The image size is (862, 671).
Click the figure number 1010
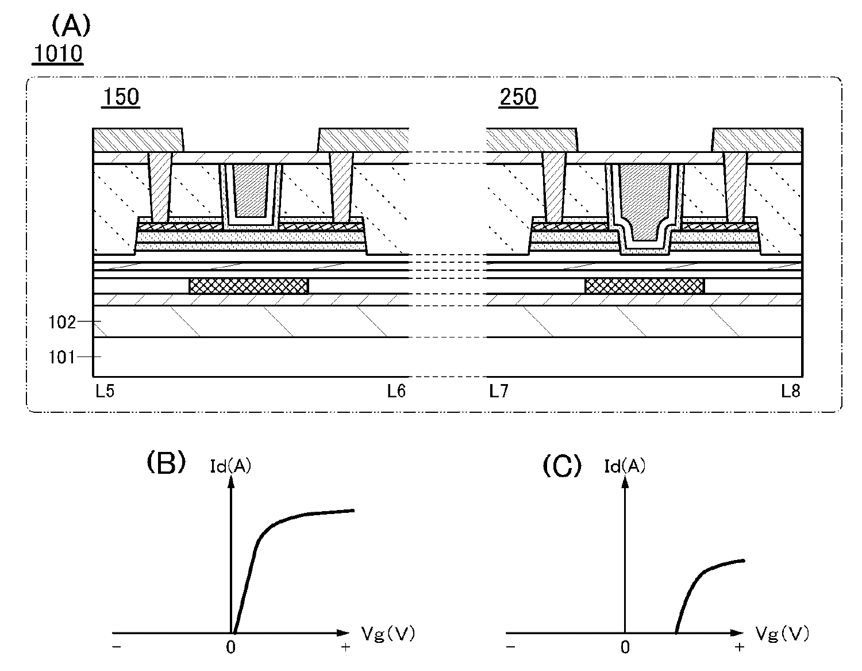[58, 53]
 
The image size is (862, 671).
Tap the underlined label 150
[121, 97]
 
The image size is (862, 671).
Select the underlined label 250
[518, 97]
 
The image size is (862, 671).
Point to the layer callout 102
[62, 322]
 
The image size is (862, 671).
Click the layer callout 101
[62, 358]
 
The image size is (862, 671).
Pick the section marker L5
[105, 391]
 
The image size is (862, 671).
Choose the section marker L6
[397, 391]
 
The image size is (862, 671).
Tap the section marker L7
[499, 391]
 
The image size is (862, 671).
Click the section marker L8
[791, 391]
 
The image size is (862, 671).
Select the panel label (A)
[71, 25]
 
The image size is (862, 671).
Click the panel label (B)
[166, 463]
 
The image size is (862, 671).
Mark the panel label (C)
[562, 466]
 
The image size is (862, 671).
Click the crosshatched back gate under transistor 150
[249, 286]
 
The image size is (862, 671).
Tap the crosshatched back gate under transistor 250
[645, 286]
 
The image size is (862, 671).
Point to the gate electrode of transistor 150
[251, 190]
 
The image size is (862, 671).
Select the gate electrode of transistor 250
[645, 202]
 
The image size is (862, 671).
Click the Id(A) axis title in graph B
[230, 466]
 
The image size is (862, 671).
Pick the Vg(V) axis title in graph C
[782, 634]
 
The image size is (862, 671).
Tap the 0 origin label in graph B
[230, 647]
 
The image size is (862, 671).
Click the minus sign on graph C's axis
[510, 647]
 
